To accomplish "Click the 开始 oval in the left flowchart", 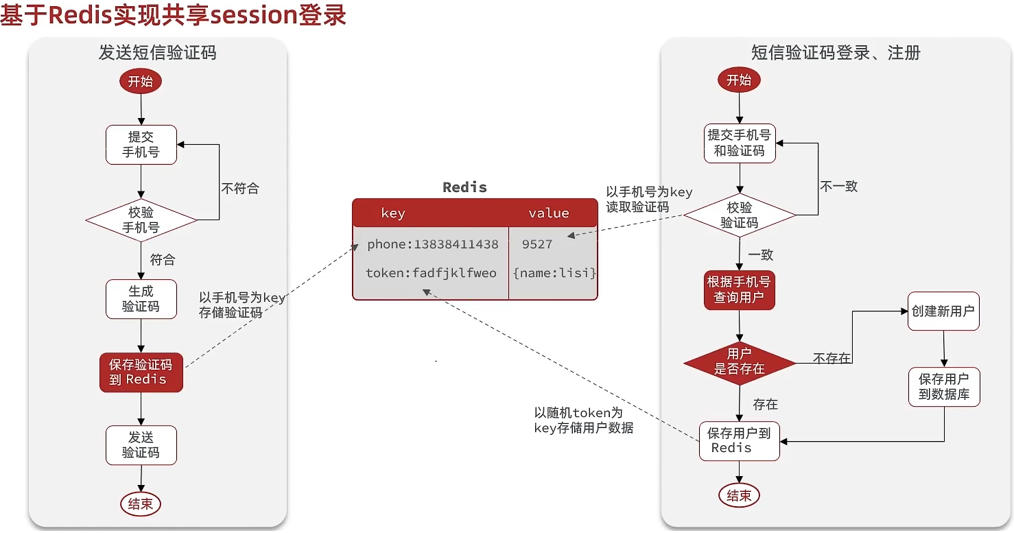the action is [x=141, y=82].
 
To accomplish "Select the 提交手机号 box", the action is [x=141, y=145].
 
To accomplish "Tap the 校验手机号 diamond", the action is [x=141, y=220].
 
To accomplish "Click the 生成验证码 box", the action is [x=141, y=299].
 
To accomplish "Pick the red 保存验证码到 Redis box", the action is [x=141, y=372].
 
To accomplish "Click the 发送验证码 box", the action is [x=141, y=445].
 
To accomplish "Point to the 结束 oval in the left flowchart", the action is [x=141, y=504].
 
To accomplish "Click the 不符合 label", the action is [x=240, y=188].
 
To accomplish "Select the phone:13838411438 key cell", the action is [x=433, y=244].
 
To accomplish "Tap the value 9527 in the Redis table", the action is [x=537, y=244].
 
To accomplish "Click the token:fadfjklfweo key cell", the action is [x=431, y=273].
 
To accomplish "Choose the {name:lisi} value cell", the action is [x=554, y=273].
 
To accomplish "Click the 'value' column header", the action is [x=549, y=213].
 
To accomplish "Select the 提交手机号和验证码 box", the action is [x=740, y=143].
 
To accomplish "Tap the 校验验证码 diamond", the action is [x=739, y=215].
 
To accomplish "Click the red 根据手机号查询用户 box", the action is [x=739, y=290].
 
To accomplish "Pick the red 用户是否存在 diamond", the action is [x=739, y=363].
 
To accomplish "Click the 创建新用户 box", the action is [x=943, y=311].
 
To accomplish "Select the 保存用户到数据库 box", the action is [x=944, y=386].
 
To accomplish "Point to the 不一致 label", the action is [x=839, y=187].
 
